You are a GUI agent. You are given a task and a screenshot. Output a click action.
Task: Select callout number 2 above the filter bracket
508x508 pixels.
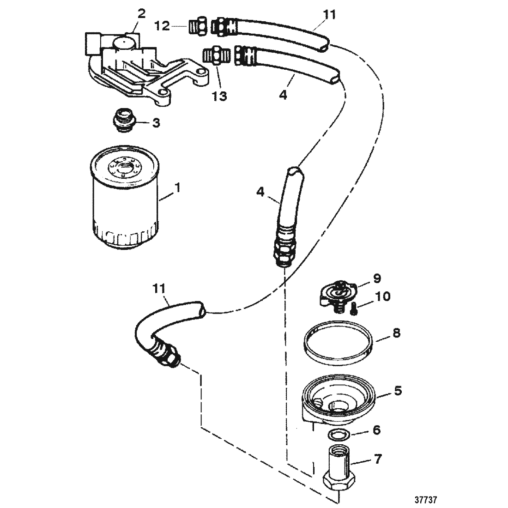[x=141, y=13]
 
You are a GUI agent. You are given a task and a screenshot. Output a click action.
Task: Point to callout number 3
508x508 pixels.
[x=156, y=123]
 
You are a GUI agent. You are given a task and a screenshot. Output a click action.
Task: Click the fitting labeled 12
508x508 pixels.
[x=198, y=26]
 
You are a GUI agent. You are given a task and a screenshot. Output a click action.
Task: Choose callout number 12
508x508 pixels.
[x=162, y=25]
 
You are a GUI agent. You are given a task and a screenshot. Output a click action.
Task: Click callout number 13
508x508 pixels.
[x=219, y=96]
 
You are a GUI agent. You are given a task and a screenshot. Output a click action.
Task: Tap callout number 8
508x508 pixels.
[x=396, y=333]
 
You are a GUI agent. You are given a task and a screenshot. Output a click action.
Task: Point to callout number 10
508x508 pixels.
[x=382, y=296]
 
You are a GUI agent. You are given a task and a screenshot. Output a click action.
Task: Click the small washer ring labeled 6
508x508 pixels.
[x=339, y=434]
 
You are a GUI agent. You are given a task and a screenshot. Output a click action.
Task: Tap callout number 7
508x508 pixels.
[x=378, y=459]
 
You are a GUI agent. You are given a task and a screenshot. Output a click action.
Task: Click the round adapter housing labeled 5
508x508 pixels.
[x=338, y=399]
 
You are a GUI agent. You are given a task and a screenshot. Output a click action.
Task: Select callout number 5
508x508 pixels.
[x=397, y=390]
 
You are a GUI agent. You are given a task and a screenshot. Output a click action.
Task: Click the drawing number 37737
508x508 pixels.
[x=426, y=499]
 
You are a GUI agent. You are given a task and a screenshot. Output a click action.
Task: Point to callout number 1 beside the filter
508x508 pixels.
[x=177, y=187]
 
